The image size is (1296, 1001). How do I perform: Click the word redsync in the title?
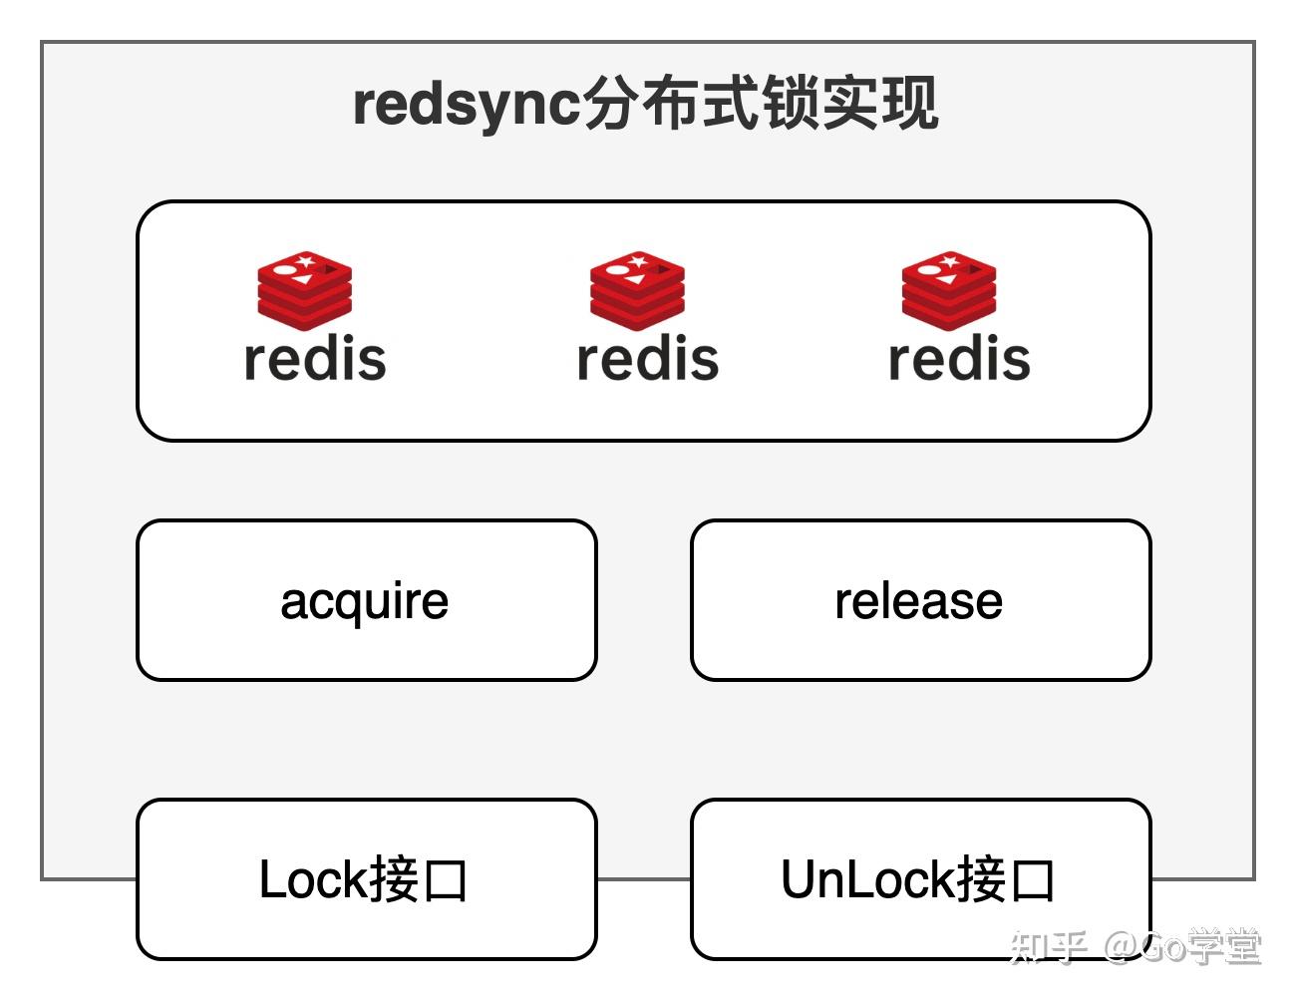pos(467,104)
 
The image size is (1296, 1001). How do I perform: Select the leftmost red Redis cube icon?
pos(305,290)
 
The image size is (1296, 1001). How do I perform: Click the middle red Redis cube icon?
pos(637,290)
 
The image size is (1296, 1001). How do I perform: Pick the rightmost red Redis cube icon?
pos(949,290)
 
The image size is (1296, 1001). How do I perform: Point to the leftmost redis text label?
pos(315,359)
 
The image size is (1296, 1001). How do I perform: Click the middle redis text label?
pos(648,359)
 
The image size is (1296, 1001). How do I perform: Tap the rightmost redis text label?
pos(959,359)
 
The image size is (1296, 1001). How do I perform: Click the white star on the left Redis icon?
pos(306,262)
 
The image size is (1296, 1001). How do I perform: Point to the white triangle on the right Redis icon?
pos(948,278)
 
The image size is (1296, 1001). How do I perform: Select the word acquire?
pos(365,601)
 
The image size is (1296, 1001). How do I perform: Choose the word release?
pos(919,601)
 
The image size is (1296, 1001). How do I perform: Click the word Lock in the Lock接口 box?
pos(313,880)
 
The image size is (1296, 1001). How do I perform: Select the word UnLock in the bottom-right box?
pos(867,880)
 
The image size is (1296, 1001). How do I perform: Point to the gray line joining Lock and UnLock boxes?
pos(644,879)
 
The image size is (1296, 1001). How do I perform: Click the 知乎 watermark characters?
pos(1047,946)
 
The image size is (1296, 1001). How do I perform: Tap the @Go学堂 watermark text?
pos(1182,946)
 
